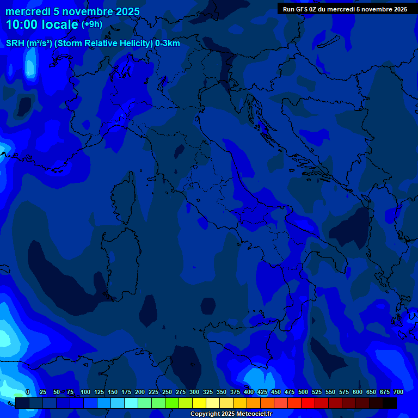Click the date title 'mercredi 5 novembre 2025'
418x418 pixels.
click(x=72, y=11)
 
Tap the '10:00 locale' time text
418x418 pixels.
click(x=42, y=24)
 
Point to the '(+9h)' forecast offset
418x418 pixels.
click(x=91, y=24)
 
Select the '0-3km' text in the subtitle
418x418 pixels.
click(x=168, y=44)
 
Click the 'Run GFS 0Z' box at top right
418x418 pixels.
click(x=345, y=9)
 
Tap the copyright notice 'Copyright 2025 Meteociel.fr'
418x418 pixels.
click(x=231, y=414)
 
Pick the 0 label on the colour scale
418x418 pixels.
click(x=27, y=392)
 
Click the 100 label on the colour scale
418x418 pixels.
click(x=85, y=392)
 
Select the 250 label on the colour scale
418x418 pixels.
click(x=167, y=392)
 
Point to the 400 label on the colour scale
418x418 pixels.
click(x=249, y=392)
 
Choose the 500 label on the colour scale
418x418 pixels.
click(x=303, y=392)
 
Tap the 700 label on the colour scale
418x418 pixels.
click(x=398, y=392)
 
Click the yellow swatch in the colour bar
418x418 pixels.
click(x=199, y=403)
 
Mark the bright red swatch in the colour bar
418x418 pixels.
click(x=308, y=403)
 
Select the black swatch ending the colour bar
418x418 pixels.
click(x=390, y=403)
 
